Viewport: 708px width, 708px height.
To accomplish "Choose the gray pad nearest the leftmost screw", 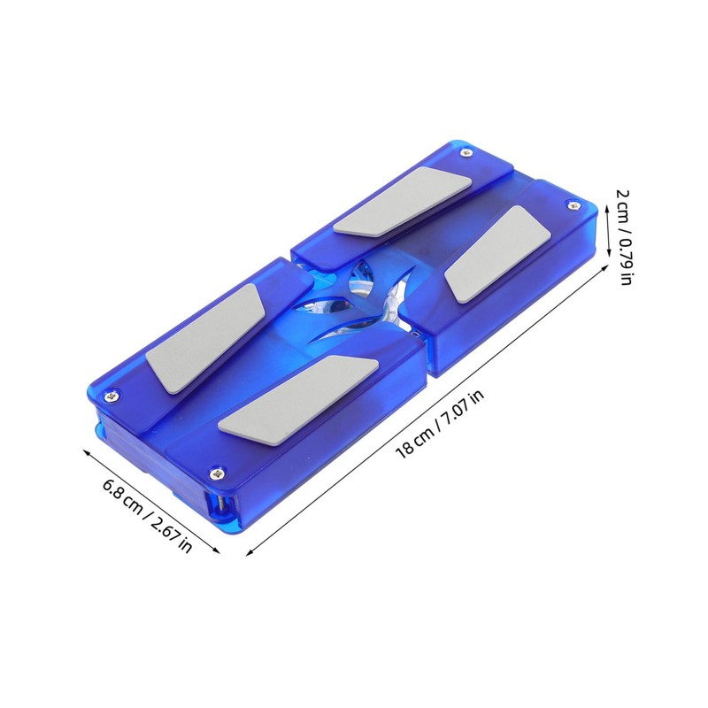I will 203,341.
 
